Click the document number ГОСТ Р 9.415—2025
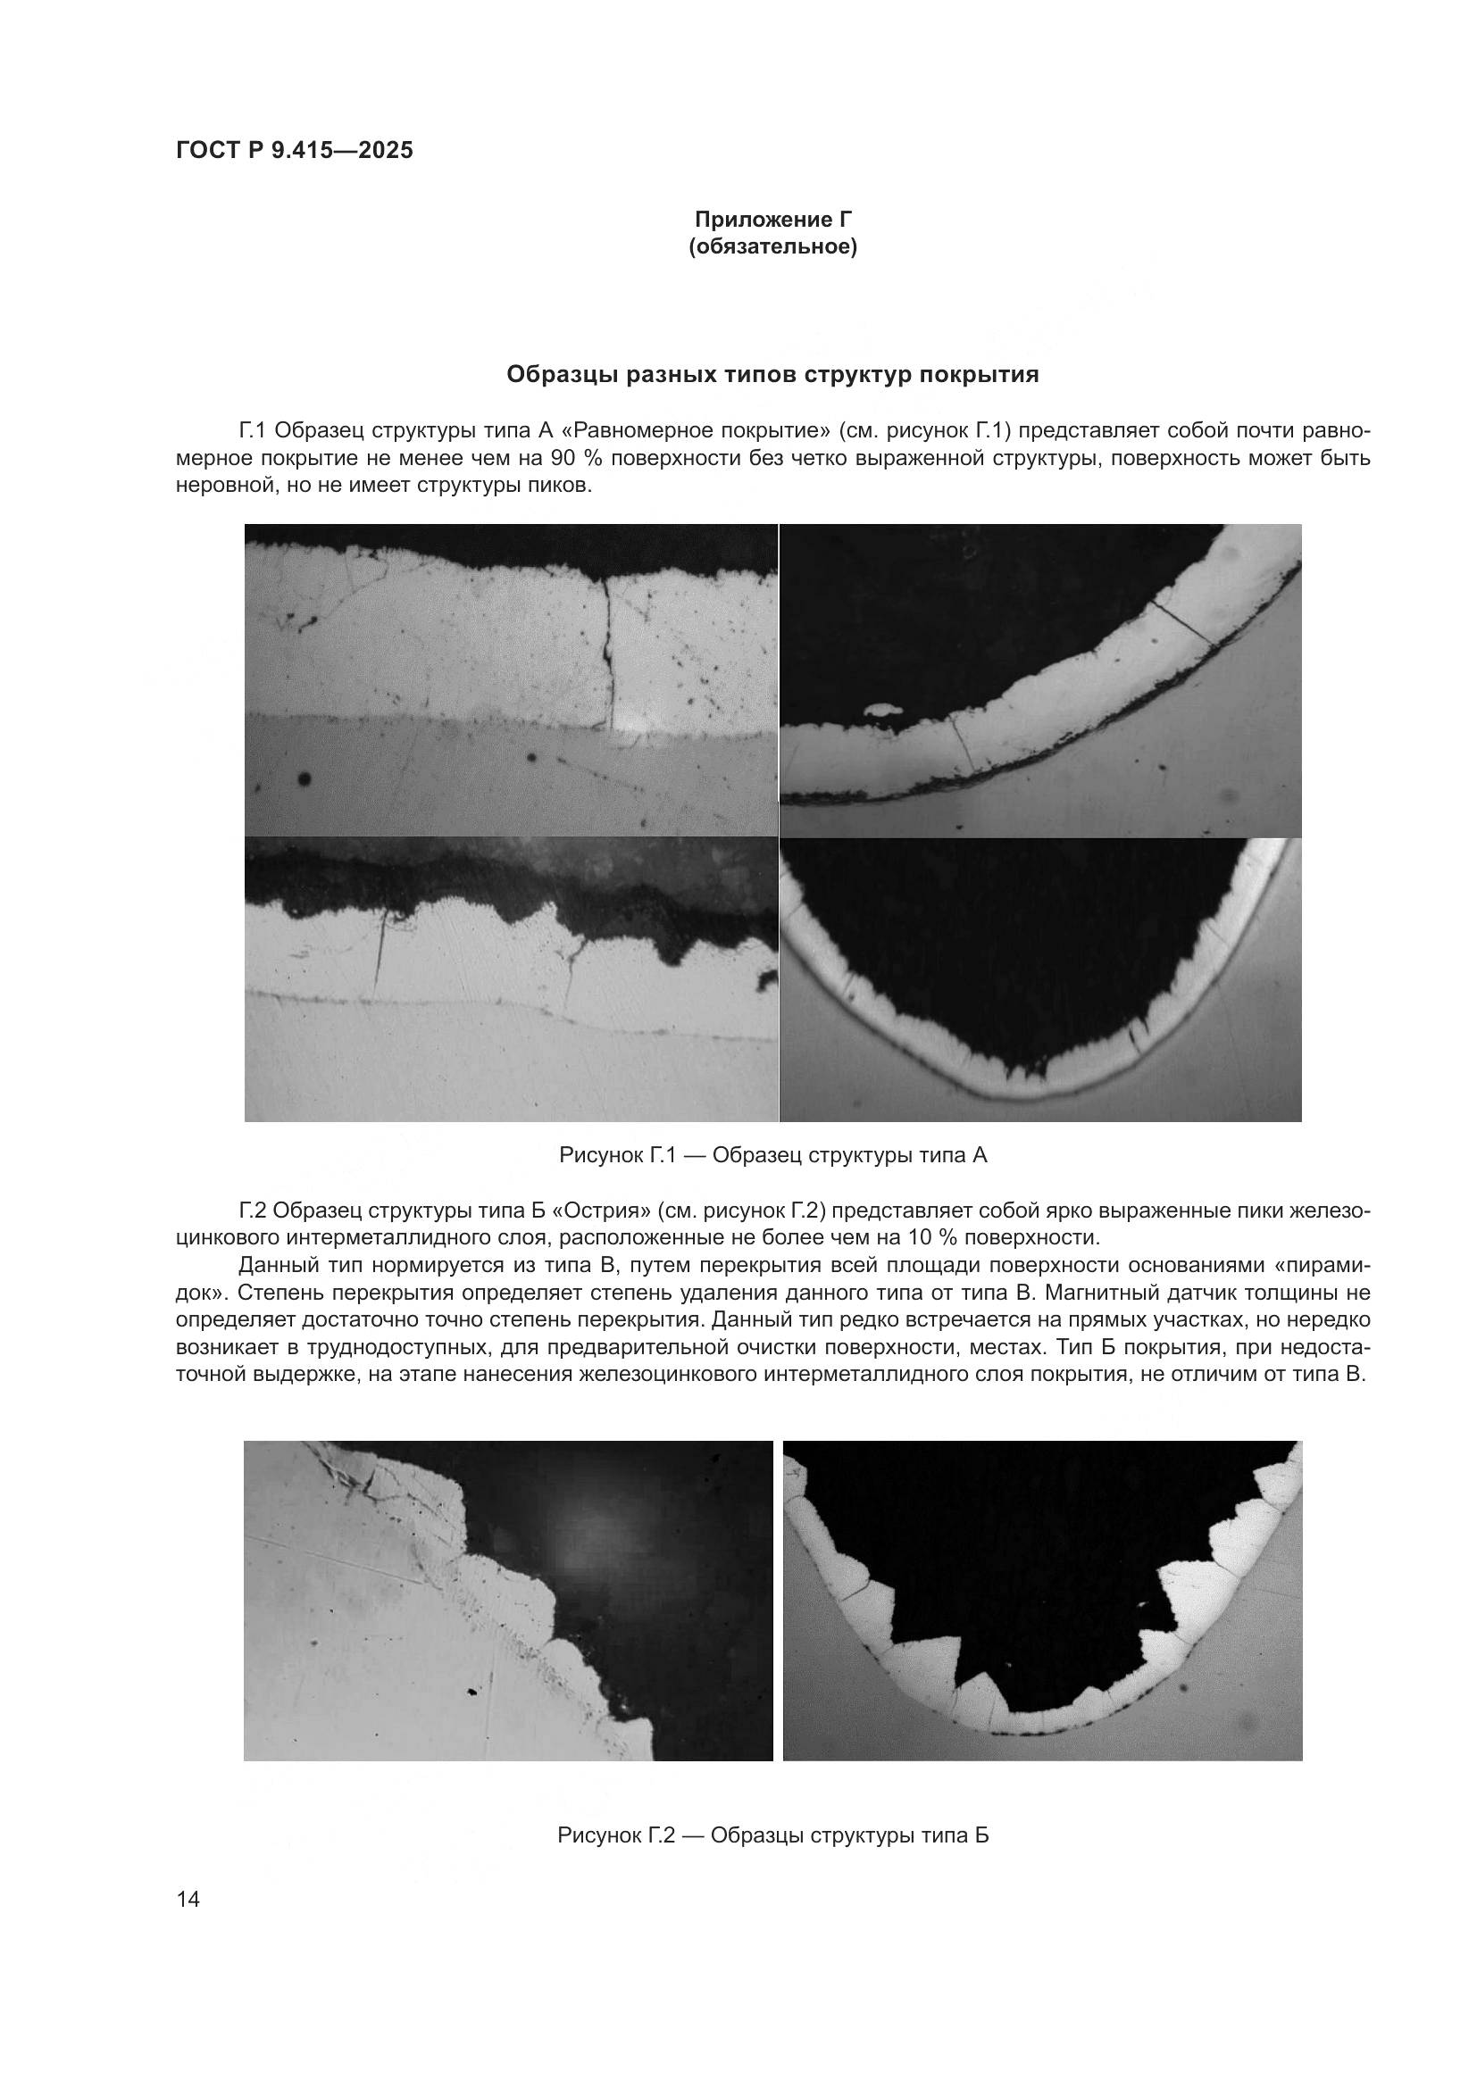click(294, 150)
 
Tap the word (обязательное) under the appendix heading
click(773, 247)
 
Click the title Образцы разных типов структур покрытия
click(772, 375)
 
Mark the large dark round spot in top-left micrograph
click(304, 778)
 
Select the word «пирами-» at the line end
click(1332, 1265)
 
